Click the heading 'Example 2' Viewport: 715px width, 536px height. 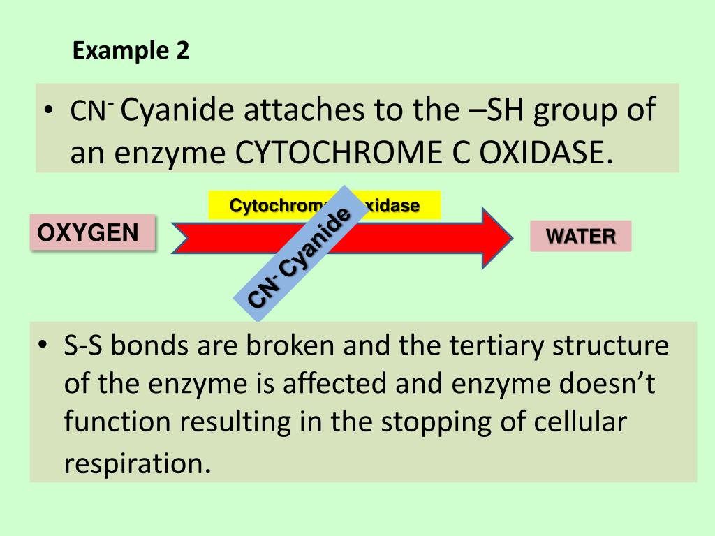pos(131,51)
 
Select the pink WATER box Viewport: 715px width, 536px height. pos(580,236)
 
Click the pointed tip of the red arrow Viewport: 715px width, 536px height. pos(511,237)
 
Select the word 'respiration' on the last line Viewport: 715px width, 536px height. pos(135,463)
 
